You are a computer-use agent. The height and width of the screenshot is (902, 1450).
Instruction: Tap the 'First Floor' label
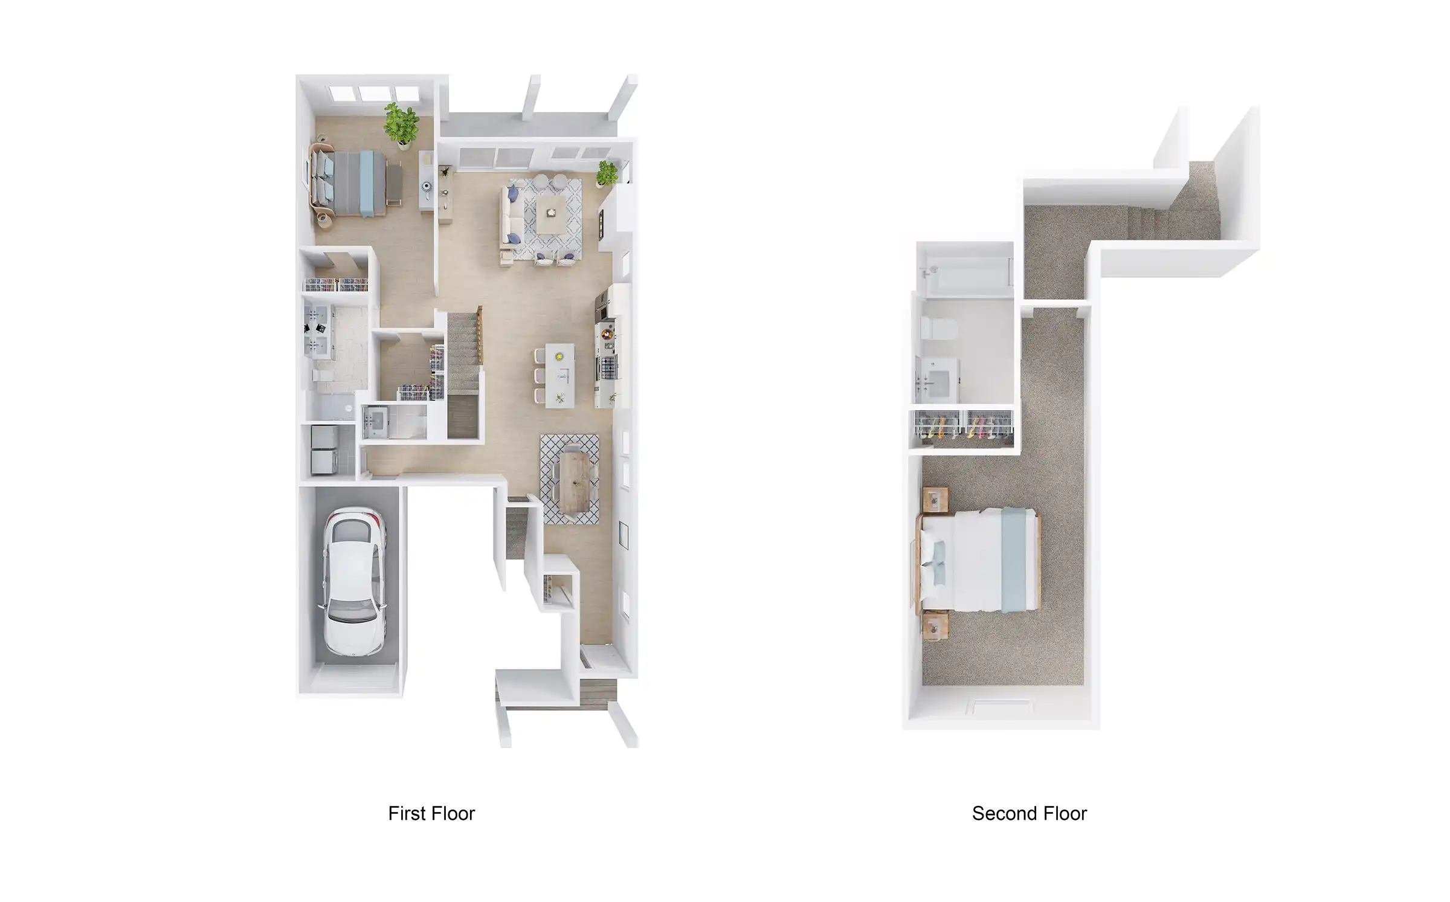431,814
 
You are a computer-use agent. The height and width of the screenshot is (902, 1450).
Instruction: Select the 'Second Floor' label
1029,814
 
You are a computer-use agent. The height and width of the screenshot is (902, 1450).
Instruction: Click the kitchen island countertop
560,375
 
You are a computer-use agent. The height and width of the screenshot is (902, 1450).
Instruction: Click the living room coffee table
551,213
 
